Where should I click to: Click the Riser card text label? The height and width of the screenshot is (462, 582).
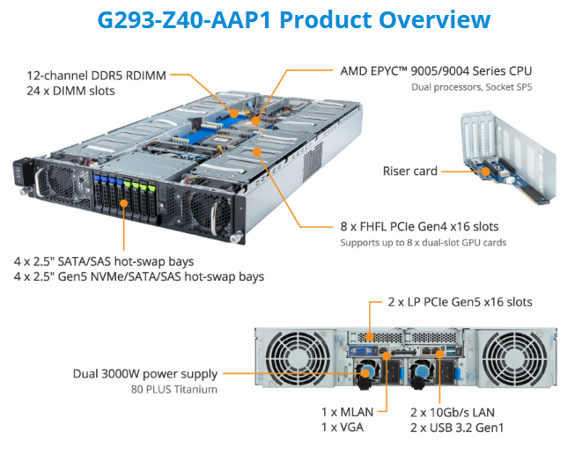[410, 171]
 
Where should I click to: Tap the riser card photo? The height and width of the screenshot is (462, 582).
[503, 158]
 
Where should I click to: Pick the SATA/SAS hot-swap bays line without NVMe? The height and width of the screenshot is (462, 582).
[104, 261]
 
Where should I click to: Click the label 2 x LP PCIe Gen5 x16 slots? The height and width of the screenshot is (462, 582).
[460, 302]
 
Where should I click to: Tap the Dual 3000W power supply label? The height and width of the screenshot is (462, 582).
[146, 374]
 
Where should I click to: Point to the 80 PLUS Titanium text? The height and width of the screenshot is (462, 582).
[175, 389]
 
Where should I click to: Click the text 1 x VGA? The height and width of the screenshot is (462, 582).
[343, 428]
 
